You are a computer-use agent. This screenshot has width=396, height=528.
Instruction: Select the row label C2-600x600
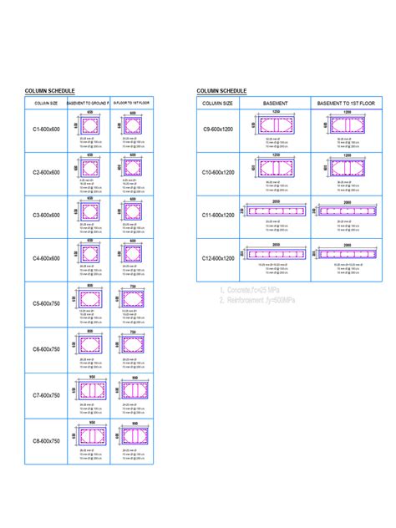click(47, 172)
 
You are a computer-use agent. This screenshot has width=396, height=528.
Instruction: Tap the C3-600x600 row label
click(47, 216)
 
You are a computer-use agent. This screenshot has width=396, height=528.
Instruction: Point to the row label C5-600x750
click(47, 305)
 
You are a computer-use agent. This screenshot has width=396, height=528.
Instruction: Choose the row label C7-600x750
click(47, 394)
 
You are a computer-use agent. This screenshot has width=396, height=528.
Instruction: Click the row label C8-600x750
click(47, 440)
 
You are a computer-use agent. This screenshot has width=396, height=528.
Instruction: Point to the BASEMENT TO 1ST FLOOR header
click(345, 102)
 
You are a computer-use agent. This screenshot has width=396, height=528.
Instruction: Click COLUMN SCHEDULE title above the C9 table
click(221, 90)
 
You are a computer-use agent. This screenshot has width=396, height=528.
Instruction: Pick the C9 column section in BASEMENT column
click(275, 125)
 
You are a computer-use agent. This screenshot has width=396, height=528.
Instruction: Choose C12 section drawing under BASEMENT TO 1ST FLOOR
click(345, 252)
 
